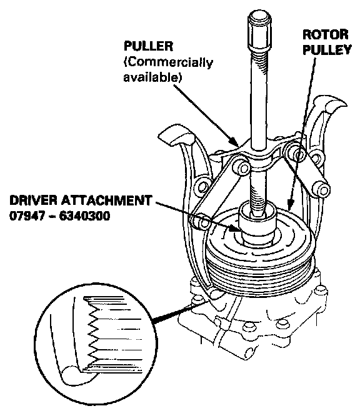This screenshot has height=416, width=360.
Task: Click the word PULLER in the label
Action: [x=148, y=46]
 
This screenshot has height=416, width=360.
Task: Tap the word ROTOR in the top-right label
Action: [x=326, y=34]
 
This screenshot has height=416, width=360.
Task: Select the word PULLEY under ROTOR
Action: [x=327, y=49]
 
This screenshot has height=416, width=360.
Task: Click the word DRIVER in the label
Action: [x=34, y=201]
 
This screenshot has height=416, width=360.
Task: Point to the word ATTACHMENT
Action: [x=107, y=201]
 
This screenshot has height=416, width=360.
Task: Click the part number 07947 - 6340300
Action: [x=60, y=216]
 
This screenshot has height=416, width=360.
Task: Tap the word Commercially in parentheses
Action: [x=168, y=62]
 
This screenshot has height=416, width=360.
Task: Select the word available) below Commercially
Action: [x=152, y=77]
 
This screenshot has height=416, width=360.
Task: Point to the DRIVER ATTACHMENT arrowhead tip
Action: [x=240, y=231]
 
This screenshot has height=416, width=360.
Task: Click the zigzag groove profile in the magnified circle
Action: [x=92, y=335]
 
